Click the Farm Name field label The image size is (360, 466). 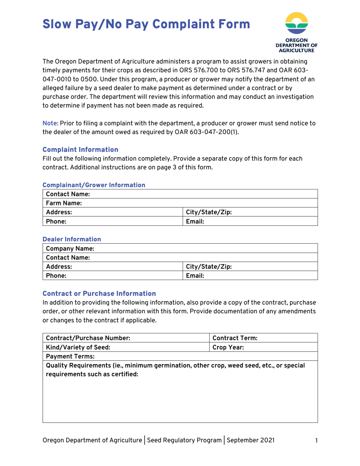(62, 203)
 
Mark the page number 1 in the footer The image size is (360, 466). (315, 441)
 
